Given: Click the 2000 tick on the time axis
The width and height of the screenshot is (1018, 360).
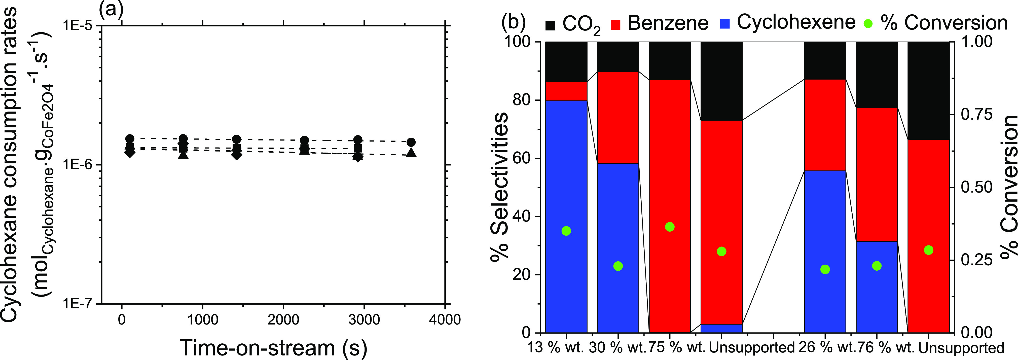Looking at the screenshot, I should tap(283, 319).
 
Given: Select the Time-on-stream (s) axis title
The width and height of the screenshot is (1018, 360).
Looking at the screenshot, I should tap(273, 348).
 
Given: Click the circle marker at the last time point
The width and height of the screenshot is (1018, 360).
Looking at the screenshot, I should tap(411, 142).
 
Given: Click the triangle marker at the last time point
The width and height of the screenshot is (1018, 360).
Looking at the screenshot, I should tap(411, 153).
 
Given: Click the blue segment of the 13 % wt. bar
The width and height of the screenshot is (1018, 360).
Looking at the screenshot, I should tap(566, 217).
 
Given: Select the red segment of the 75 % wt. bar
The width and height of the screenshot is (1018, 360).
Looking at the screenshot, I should tap(670, 205).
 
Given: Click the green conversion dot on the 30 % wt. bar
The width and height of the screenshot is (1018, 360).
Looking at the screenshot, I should tap(618, 266).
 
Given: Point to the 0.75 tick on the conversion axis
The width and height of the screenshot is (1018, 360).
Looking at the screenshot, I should tap(976, 115).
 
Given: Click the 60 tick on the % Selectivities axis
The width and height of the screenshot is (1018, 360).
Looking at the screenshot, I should tap(521, 158).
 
